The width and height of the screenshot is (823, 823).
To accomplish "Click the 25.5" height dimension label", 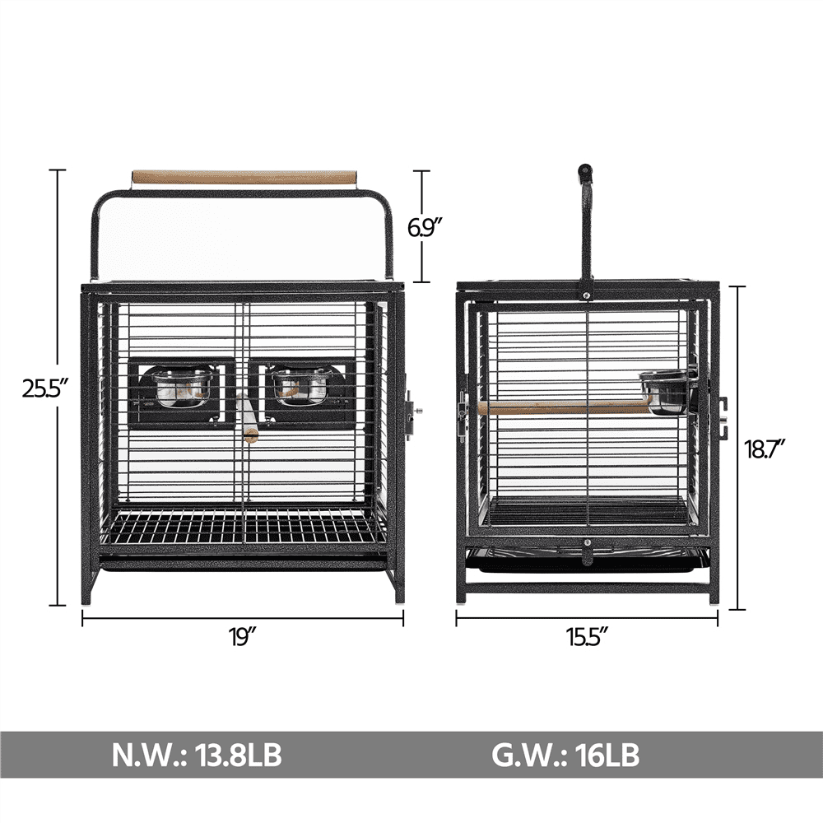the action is (x=45, y=389).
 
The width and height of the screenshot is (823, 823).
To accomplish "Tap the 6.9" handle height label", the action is (x=426, y=228).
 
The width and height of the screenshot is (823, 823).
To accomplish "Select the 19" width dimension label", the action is (x=242, y=637).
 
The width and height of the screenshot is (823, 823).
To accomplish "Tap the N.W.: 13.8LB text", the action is (x=197, y=756).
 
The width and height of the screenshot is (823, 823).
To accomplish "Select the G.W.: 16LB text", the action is (x=565, y=756).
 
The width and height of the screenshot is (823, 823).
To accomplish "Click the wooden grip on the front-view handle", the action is (x=244, y=176).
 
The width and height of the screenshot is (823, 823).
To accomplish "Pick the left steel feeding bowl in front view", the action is (x=182, y=388).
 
